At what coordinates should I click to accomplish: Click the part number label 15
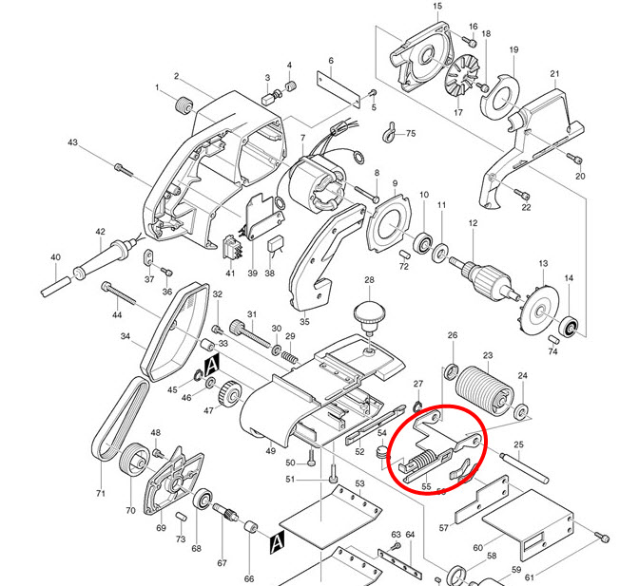click(437, 7)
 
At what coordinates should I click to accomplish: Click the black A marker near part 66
click(277, 542)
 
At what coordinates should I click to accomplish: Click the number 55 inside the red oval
click(426, 487)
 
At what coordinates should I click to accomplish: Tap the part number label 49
click(271, 450)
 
